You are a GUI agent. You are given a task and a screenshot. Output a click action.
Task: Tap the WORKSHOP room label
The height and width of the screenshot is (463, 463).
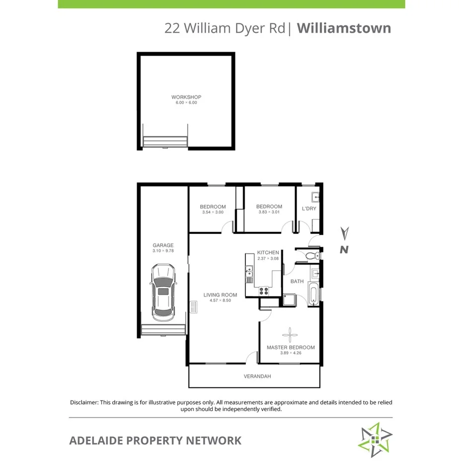[186, 97]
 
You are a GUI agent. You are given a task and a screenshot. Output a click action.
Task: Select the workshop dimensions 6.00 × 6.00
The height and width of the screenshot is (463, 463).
[186, 103]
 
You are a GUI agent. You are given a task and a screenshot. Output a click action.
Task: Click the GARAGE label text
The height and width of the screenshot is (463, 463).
[163, 245]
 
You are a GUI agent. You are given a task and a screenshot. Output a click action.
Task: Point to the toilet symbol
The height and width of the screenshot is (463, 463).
[311, 256]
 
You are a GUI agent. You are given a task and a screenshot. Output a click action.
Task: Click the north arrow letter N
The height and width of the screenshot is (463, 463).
[343, 250]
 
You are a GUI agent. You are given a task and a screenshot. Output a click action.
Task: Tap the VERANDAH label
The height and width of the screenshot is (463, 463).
[257, 376]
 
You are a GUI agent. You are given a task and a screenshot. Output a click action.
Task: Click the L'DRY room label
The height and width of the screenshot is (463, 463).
[309, 209]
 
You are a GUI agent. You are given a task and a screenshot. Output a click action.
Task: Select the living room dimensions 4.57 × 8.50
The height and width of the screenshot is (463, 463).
[220, 301]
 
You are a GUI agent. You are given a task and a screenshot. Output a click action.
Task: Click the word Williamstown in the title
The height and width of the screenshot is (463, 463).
[344, 28]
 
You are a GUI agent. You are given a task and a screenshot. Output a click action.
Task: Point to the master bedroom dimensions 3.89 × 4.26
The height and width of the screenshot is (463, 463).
[291, 353]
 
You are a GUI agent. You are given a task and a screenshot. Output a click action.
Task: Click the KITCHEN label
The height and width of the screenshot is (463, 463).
[268, 252]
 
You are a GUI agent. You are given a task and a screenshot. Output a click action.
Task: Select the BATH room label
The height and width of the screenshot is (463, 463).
[297, 281]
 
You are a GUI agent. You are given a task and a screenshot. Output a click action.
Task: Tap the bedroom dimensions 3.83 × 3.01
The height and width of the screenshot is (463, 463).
[269, 212]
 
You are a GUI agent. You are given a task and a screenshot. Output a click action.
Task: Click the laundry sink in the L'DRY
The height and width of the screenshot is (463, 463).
[315, 195]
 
